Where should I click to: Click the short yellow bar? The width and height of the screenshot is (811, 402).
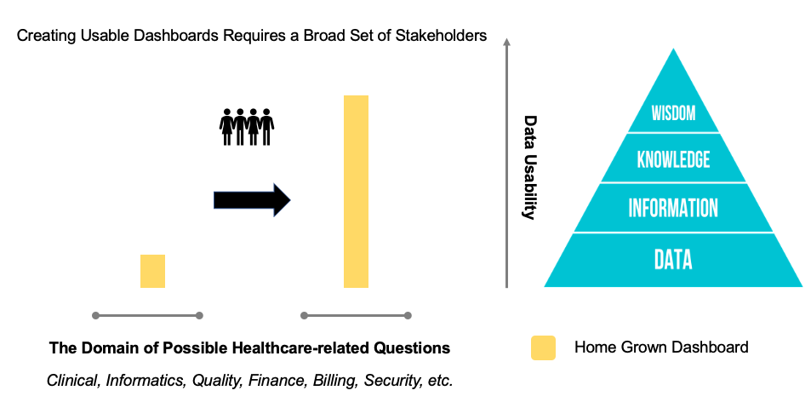(x=152, y=271)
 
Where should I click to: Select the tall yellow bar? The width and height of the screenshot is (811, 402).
(x=356, y=192)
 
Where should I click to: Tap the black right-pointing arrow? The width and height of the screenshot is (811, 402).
(x=252, y=199)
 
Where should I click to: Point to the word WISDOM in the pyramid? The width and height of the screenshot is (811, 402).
(x=673, y=112)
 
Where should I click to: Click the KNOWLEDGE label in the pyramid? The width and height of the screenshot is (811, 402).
(x=673, y=159)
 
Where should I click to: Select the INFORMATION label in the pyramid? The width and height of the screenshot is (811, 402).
(x=673, y=209)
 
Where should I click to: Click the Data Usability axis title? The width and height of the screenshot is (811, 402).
(x=530, y=167)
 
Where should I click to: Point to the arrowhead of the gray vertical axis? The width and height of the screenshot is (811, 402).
(x=507, y=42)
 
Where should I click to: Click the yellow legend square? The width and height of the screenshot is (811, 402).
(x=543, y=347)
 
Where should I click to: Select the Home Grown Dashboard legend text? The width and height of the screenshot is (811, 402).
(x=661, y=347)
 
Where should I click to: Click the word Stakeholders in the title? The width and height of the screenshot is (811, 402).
(x=445, y=36)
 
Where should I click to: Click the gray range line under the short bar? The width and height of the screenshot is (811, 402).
(x=147, y=316)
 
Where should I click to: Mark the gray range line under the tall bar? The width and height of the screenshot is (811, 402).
(x=357, y=316)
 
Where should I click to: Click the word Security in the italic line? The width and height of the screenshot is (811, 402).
(x=391, y=380)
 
